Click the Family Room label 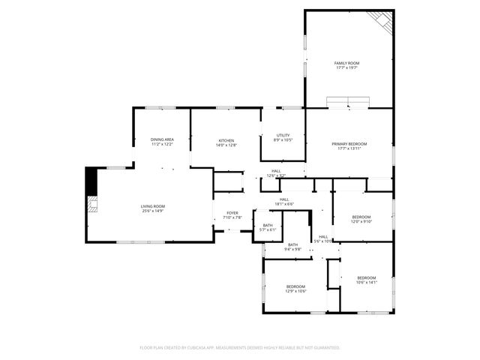click(346, 63)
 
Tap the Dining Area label click(162, 139)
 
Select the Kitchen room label click(226, 140)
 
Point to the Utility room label click(283, 136)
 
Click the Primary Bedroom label click(349, 143)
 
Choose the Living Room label click(153, 206)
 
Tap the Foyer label click(232, 213)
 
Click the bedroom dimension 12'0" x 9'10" click(361, 221)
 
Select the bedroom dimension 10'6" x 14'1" click(367, 283)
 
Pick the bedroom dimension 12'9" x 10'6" click(295, 291)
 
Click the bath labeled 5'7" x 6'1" click(268, 230)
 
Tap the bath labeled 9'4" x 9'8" click(292, 248)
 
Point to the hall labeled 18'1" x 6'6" click(284, 204)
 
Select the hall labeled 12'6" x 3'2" click(276, 175)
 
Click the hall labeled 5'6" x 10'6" click(323, 241)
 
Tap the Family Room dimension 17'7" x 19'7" click(346, 67)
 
